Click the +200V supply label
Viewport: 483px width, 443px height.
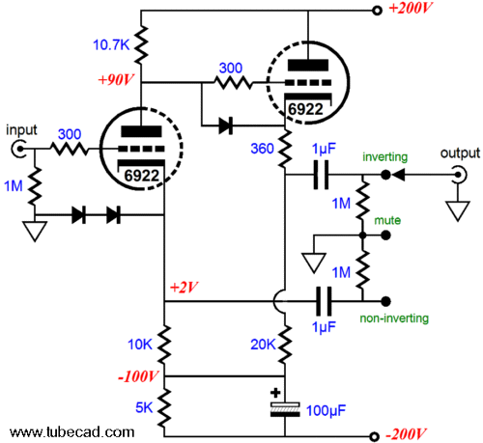point(410,8)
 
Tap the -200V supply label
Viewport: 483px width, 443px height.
point(406,434)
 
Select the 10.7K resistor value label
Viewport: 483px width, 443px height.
point(111,44)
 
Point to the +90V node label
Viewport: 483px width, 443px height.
point(116,80)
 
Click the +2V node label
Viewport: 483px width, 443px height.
point(184,288)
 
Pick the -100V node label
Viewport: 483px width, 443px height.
point(138,376)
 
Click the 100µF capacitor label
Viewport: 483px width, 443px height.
point(326,411)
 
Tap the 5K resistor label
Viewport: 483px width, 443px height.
point(144,407)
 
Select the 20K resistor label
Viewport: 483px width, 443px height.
point(263,345)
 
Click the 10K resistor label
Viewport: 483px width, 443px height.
point(140,345)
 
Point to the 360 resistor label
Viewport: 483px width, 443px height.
point(263,149)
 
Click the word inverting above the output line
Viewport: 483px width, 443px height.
point(385,156)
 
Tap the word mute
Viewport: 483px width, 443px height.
point(387,220)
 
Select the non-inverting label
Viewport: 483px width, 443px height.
point(394,318)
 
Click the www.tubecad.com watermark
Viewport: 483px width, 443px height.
point(72,432)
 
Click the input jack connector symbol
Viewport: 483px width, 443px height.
point(18,149)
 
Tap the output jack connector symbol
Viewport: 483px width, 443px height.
point(459,175)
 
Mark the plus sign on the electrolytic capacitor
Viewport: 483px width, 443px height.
point(275,393)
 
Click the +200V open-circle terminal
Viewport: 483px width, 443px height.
point(377,11)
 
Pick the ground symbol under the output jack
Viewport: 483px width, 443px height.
point(458,210)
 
